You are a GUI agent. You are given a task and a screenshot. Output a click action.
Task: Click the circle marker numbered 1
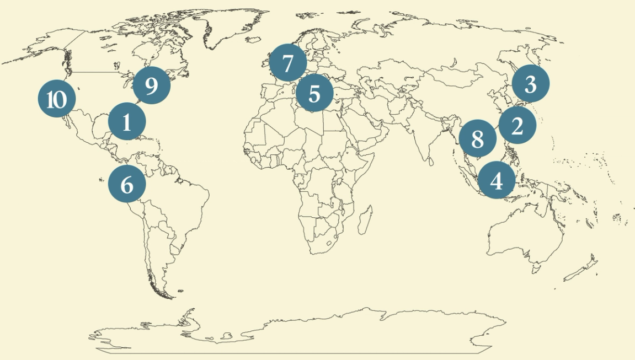coord(127,122)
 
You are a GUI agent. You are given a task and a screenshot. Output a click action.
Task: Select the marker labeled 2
coord(517,126)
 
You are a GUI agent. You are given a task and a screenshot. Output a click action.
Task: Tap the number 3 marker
coord(530,84)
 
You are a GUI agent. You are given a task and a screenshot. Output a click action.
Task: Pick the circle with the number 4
coord(497,180)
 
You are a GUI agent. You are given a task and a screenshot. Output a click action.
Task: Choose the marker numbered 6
coord(127,184)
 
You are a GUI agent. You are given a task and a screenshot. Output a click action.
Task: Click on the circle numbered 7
coord(287,63)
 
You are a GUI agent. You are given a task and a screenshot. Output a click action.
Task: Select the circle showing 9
coord(151,85)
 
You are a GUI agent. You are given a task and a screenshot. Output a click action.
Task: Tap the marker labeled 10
coord(56,100)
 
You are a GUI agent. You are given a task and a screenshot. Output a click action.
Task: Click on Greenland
coord(232,28)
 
